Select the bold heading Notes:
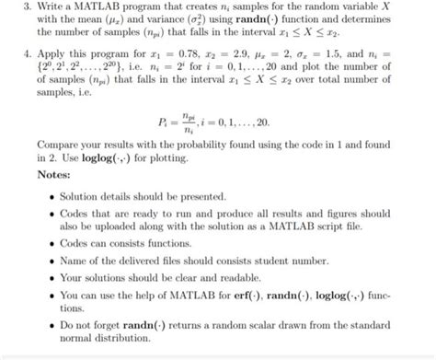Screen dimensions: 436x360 (58, 174)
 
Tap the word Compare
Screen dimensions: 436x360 (62, 145)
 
